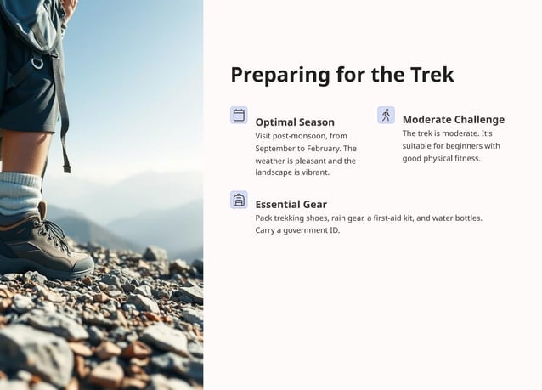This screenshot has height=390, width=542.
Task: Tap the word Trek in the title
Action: tap(431, 75)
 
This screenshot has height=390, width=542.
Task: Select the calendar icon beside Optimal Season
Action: tap(239, 115)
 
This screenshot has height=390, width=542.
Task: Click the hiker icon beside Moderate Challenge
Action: tap(386, 115)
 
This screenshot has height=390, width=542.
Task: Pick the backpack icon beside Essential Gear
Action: tap(239, 200)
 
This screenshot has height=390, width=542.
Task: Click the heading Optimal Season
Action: tap(295, 122)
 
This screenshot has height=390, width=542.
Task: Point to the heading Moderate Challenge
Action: tap(453, 120)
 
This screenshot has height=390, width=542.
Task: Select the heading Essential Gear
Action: tap(291, 204)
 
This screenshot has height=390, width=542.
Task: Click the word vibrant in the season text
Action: tap(313, 172)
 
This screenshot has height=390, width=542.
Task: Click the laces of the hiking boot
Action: tap(53, 235)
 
